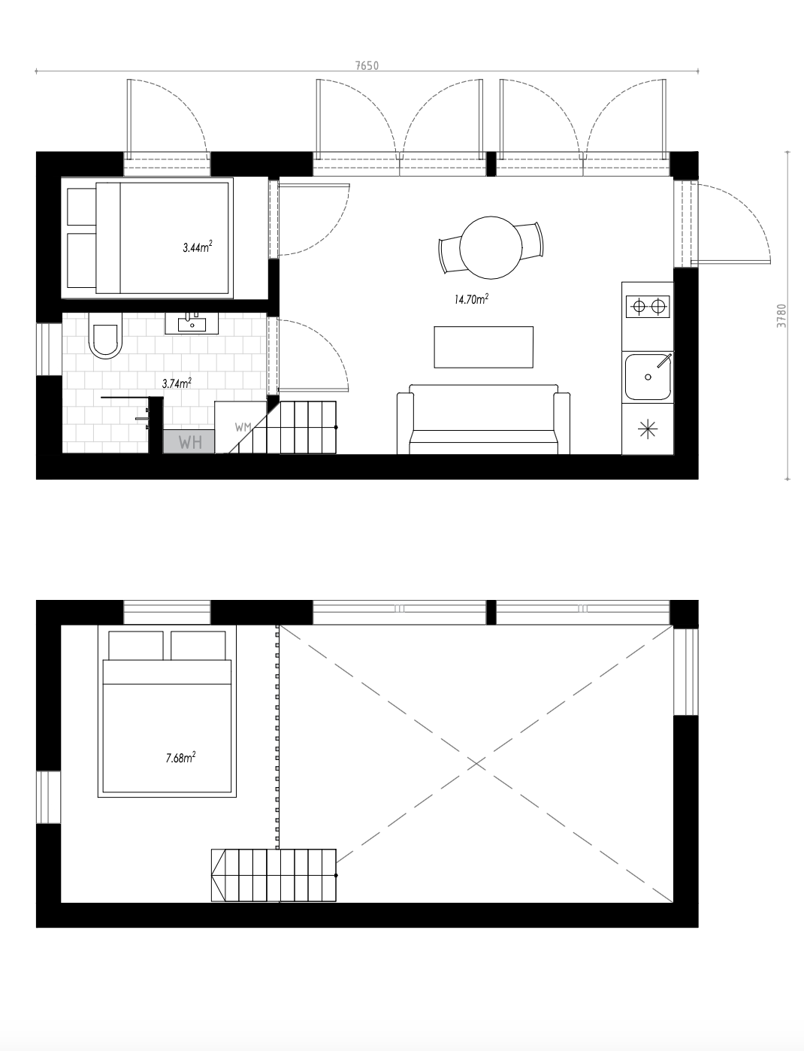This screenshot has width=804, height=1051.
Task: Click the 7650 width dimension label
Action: point(367,65)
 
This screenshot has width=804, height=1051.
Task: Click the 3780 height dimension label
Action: point(782,316)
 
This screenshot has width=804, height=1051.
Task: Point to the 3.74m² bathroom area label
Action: point(177,383)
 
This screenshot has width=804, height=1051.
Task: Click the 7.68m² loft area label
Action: point(180,758)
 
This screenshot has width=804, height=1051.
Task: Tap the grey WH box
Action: point(189,441)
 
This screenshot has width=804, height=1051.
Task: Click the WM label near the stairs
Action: point(242,427)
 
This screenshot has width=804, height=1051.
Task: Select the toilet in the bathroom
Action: point(104,340)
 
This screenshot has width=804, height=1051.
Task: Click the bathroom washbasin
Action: point(192,324)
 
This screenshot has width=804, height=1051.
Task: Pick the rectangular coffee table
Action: point(483,347)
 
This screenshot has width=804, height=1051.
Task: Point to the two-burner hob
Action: point(648,306)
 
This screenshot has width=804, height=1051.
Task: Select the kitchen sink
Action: point(648,377)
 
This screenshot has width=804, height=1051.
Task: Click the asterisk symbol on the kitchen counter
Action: point(645,430)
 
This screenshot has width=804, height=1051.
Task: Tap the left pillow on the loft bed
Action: point(136,645)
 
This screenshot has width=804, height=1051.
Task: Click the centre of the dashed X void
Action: point(476,763)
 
